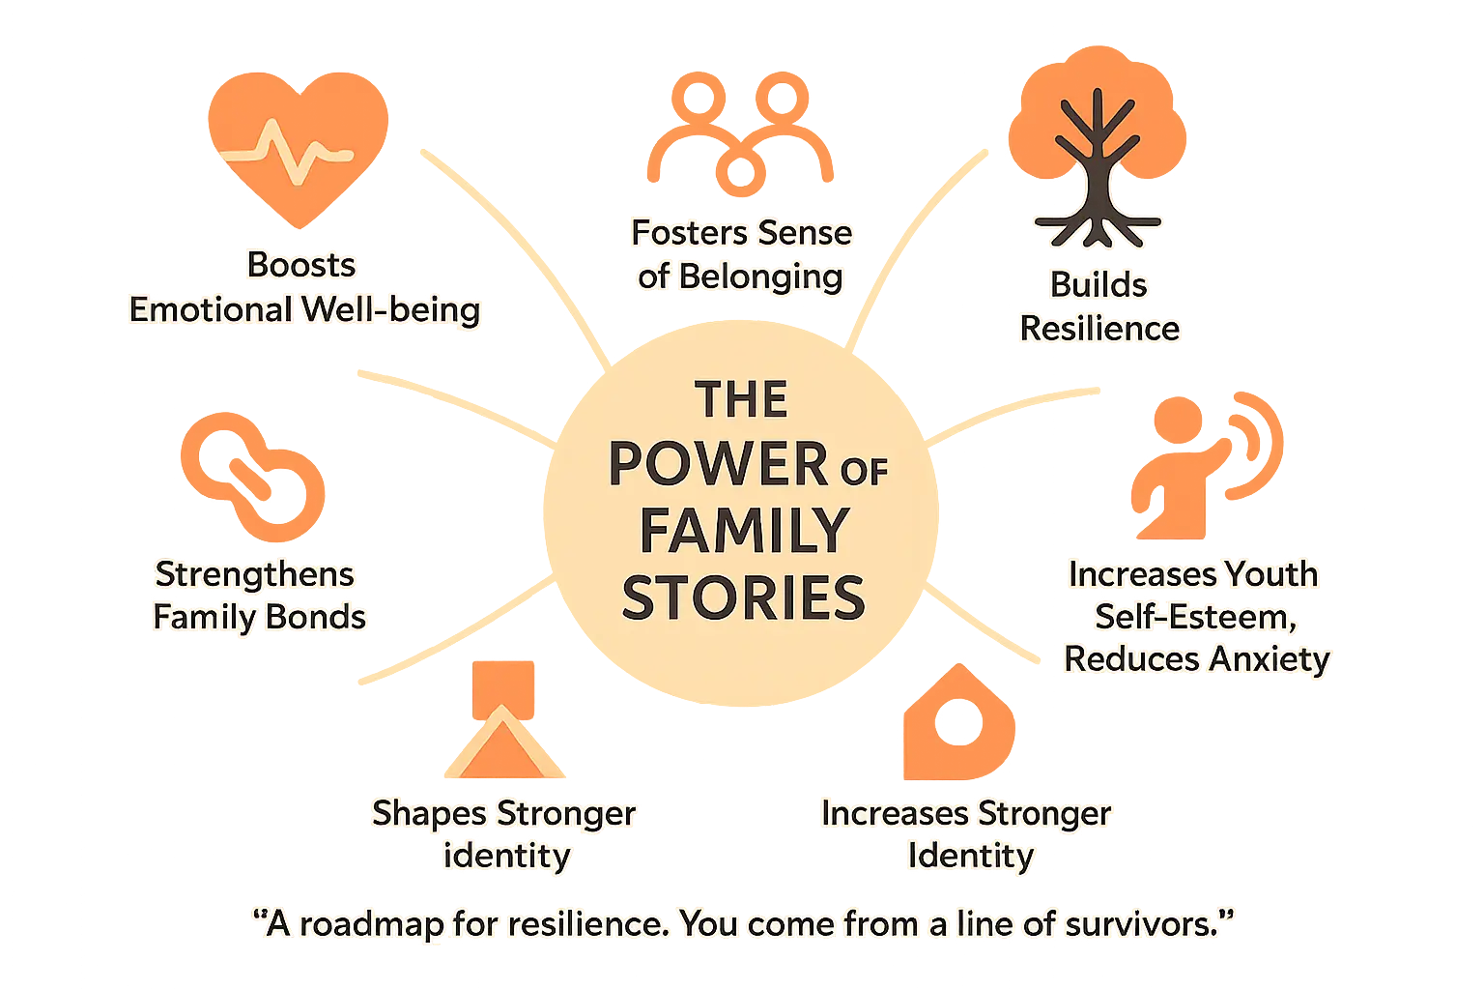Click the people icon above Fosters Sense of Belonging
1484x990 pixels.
click(x=740, y=135)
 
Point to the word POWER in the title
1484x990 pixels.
click(x=718, y=464)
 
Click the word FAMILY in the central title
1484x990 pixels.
click(x=743, y=531)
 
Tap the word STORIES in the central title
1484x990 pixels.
click(x=743, y=597)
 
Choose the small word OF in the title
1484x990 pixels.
click(x=864, y=471)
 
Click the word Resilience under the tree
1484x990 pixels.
click(x=1099, y=329)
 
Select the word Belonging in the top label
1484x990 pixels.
click(x=760, y=277)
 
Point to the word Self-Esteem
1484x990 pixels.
click(x=1194, y=617)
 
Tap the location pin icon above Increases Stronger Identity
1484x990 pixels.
click(x=958, y=720)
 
